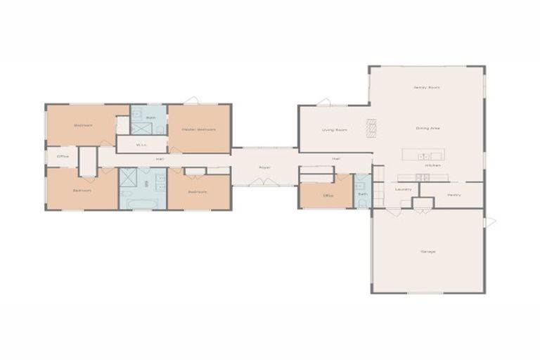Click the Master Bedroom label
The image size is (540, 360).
click(198, 129)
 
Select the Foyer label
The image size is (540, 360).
click(264, 167)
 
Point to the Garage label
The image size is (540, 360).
click(427, 251)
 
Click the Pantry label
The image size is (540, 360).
click(454, 195)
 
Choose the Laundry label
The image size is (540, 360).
click(403, 189)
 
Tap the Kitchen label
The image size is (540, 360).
click(432, 165)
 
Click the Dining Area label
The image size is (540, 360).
click(427, 129)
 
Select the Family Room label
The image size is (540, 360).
click(426, 87)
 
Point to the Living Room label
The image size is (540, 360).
click(335, 130)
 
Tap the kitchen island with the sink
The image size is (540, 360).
click(423, 155)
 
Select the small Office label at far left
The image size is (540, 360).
click(63, 156)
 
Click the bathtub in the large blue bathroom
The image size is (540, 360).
click(143, 202)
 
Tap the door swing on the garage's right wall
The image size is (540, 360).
click(490, 222)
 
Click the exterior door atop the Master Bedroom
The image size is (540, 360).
click(191, 101)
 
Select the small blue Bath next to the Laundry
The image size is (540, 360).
click(362, 193)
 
